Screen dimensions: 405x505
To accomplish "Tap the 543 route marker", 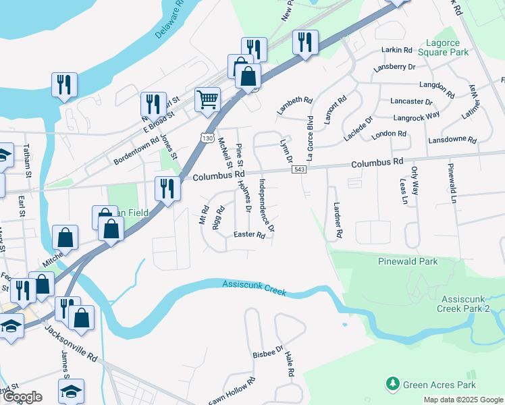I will [298, 169].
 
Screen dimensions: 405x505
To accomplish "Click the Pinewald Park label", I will [408, 261].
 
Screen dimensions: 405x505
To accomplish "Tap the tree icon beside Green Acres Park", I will [392, 385].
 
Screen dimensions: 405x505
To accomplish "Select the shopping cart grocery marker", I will [207, 99].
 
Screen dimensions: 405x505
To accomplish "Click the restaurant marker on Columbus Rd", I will [166, 188].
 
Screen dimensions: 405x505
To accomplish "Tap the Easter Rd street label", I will [248, 235].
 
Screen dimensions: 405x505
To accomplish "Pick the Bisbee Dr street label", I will [269, 353].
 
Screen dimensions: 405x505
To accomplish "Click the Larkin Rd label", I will [397, 50].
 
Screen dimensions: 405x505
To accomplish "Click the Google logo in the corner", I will [22, 397].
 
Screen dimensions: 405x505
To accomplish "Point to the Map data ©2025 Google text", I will [462, 400].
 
